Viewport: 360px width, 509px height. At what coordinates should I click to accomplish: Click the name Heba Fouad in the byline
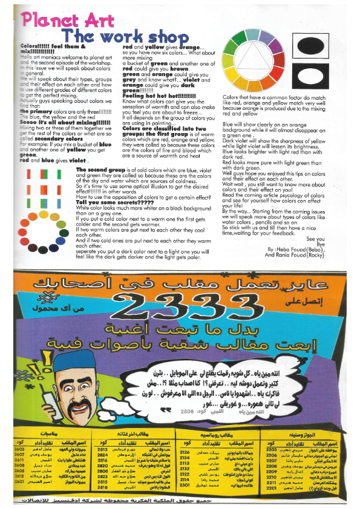(296, 248)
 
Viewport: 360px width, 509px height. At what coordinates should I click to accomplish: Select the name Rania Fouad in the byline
(290, 254)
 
